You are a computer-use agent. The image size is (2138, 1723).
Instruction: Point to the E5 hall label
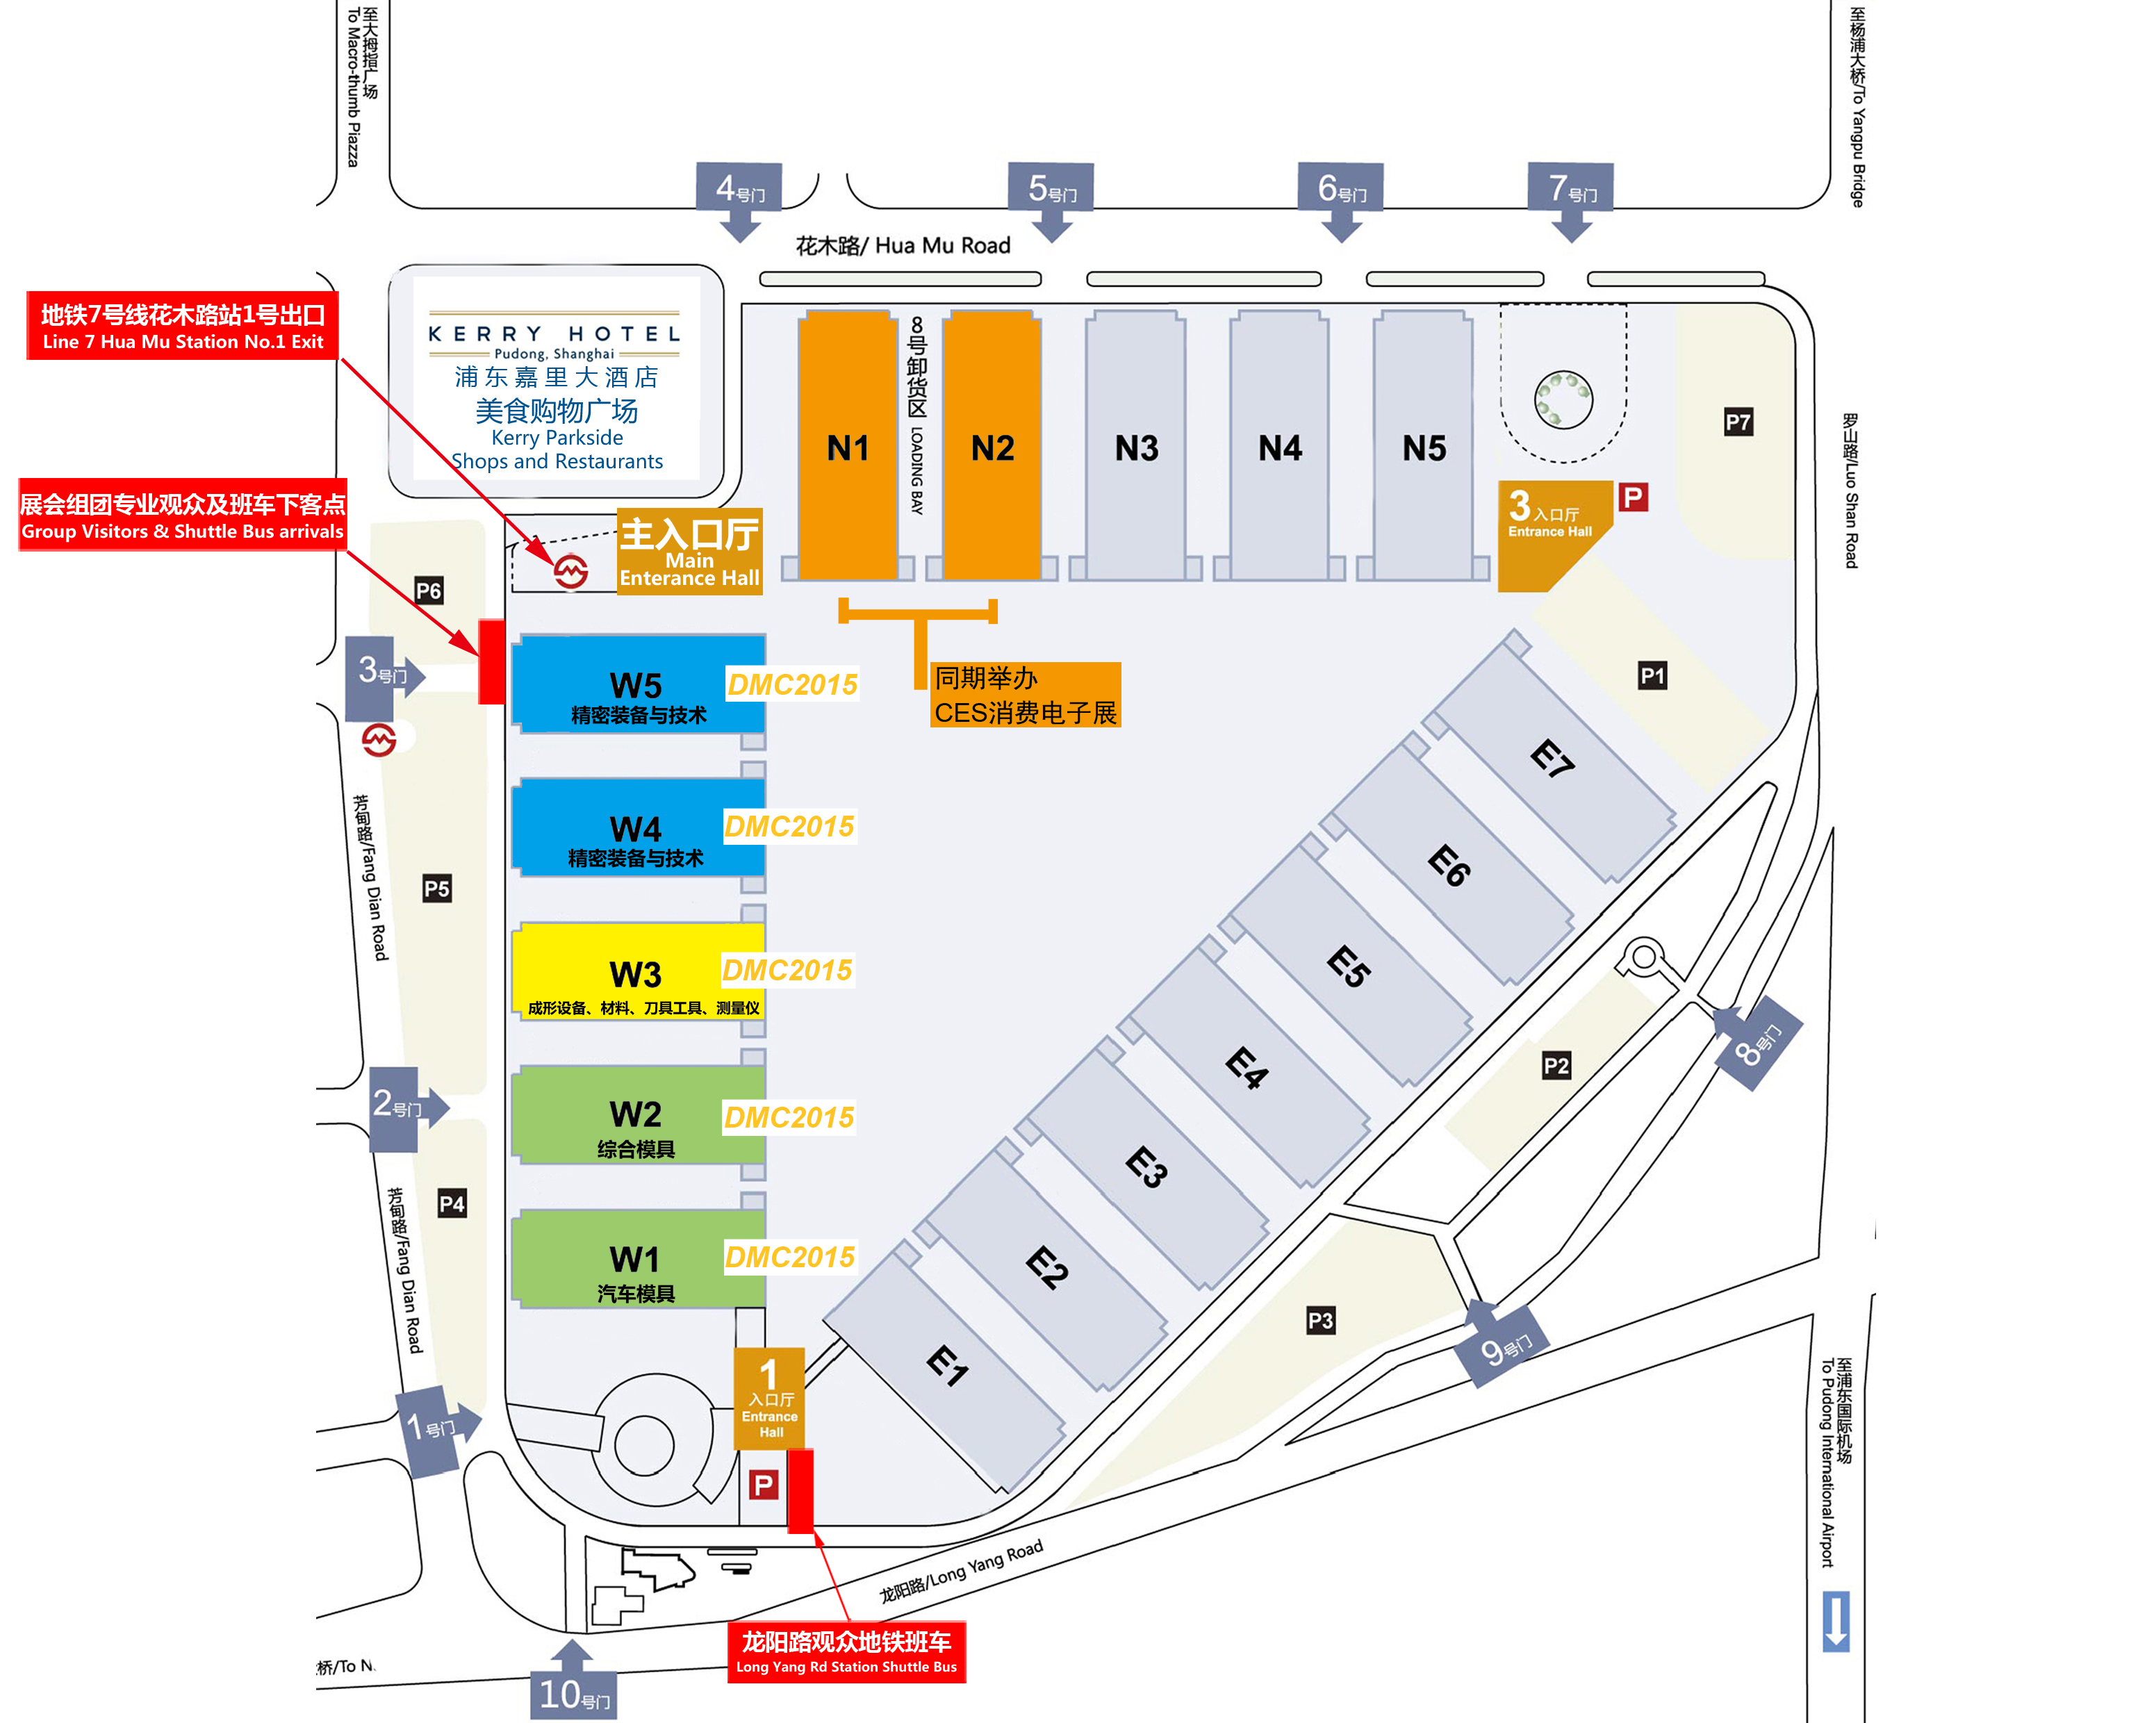(1348, 966)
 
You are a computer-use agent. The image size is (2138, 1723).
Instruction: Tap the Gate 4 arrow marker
(739, 199)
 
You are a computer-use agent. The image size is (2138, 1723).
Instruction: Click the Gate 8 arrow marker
(1755, 1044)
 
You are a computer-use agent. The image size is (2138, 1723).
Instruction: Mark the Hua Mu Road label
(903, 246)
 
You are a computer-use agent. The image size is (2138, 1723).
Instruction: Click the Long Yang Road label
(961, 1570)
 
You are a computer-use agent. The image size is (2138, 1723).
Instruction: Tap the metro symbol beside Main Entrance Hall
(570, 572)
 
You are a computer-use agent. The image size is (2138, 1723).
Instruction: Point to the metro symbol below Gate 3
(379, 739)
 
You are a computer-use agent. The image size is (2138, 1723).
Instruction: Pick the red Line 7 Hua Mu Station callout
(183, 326)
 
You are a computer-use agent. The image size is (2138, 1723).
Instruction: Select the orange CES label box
(1024, 695)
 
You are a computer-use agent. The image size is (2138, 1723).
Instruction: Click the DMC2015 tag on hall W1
(789, 1257)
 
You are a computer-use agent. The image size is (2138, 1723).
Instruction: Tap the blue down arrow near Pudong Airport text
(1835, 1621)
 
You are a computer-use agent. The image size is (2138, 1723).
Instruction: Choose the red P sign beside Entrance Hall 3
(1633, 497)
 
